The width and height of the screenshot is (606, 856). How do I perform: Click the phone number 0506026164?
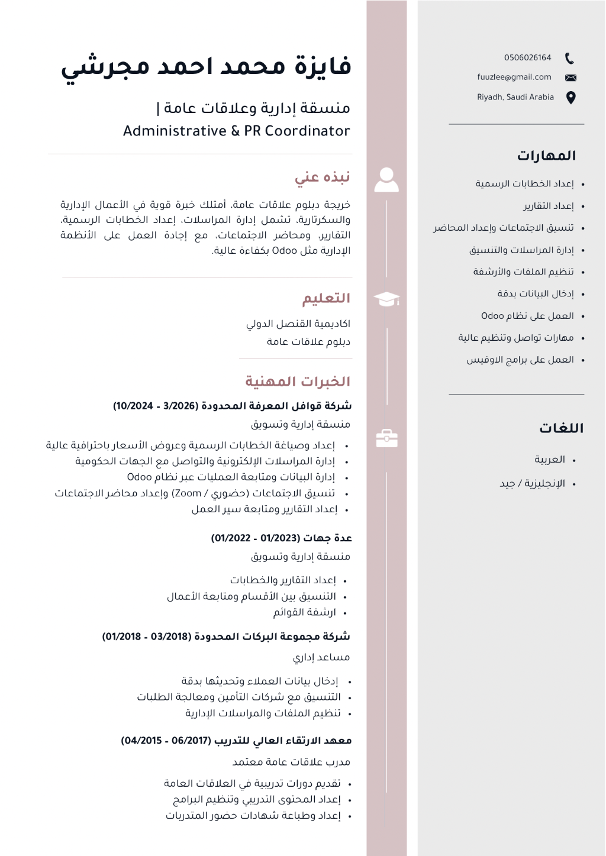(527, 58)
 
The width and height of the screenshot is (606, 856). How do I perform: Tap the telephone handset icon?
(569, 58)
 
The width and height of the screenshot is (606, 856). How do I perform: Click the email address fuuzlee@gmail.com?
(514, 77)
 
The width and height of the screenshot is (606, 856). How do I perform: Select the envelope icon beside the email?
(570, 77)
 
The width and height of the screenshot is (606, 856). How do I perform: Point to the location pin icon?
(570, 98)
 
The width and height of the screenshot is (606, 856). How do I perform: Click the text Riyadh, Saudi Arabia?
(515, 98)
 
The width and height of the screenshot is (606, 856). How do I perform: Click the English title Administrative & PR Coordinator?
(237, 131)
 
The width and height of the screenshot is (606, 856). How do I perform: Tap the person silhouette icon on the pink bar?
(386, 180)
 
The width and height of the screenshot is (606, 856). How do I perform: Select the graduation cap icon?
(386, 299)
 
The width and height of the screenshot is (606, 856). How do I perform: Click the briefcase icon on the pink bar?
(386, 438)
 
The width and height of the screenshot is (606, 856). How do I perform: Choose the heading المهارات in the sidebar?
(546, 156)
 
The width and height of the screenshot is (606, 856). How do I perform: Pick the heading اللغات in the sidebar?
(561, 428)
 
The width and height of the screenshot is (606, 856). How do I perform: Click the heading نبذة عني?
(323, 177)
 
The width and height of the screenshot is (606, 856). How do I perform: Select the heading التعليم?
(326, 298)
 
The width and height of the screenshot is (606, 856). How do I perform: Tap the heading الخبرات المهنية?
(298, 382)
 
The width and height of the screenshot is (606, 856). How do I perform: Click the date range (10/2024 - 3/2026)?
(156, 406)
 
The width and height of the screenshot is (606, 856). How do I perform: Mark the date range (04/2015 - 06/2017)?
(166, 741)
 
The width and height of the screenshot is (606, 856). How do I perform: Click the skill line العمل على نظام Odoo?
(527, 316)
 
